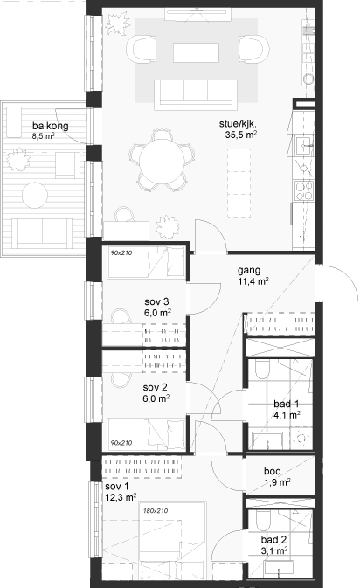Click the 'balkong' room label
(x=51, y=126)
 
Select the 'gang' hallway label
(x=249, y=270)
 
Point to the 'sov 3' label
(x=156, y=301)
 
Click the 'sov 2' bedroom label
(x=155, y=387)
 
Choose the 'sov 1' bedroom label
(x=117, y=487)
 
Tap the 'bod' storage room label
(x=273, y=471)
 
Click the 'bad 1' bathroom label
(x=286, y=404)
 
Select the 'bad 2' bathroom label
(x=273, y=540)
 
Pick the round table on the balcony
(x=35, y=196)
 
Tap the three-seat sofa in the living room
(x=196, y=94)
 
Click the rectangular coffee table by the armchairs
(x=196, y=53)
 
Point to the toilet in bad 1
(x=262, y=370)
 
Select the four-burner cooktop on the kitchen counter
(x=304, y=190)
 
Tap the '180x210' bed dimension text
(x=156, y=511)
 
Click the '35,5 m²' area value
(x=241, y=135)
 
